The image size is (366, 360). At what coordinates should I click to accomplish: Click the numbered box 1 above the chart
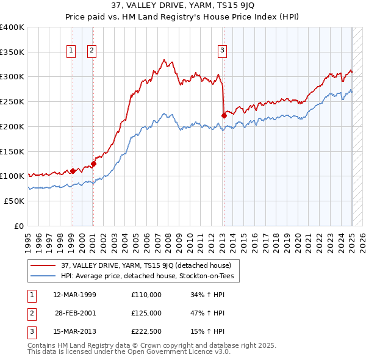pyautogui.click(x=72, y=51)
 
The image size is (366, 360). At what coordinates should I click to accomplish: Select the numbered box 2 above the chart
pyautogui.click(x=91, y=51)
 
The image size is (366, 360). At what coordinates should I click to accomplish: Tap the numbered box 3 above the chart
pyautogui.click(x=223, y=51)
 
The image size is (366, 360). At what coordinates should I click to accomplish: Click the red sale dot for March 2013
pyautogui.click(x=224, y=115)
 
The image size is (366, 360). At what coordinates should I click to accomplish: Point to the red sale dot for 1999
pyautogui.click(x=73, y=171)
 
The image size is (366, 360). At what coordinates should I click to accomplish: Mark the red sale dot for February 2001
pyautogui.click(x=93, y=164)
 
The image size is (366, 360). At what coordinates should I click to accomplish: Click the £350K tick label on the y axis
pyautogui.click(x=12, y=52)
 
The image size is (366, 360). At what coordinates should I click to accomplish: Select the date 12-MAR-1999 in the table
pyautogui.click(x=74, y=295)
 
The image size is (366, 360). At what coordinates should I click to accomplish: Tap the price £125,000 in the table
pyautogui.click(x=146, y=313)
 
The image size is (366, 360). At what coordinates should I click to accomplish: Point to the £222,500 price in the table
pyautogui.click(x=146, y=331)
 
